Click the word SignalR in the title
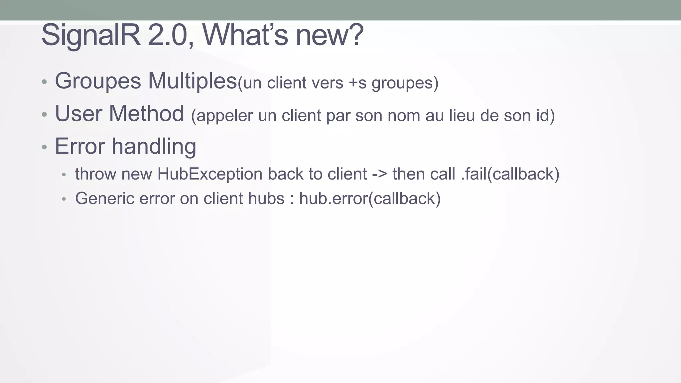91,35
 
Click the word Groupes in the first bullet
98,81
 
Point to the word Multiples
192,81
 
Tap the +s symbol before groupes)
357,83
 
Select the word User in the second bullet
78,114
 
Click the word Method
146,114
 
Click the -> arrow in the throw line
379,174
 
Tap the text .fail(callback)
510,174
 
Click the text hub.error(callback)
370,198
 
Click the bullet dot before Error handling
45,147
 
